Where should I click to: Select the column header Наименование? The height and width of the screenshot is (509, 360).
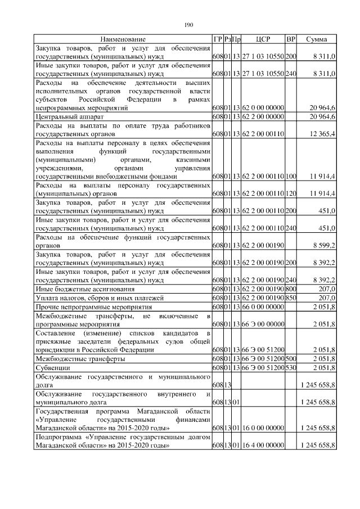pyautogui.click(x=123, y=39)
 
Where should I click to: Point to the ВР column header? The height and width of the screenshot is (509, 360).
pyautogui.click(x=291, y=39)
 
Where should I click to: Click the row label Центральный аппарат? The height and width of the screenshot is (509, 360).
pyautogui.click(x=64, y=116)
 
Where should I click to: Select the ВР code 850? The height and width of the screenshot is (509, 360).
pyautogui.click(x=291, y=297)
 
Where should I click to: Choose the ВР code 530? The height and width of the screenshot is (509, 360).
pyautogui.click(x=291, y=367)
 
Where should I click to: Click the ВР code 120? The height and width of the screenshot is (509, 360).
pyautogui.click(x=291, y=193)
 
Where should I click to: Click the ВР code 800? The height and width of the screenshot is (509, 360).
pyautogui.click(x=291, y=289)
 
